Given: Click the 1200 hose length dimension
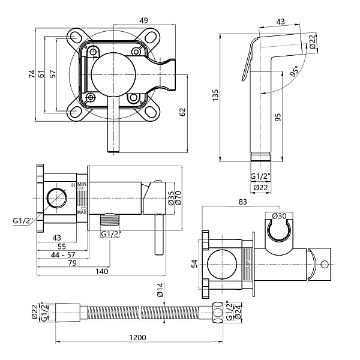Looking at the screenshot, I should pos(137,338).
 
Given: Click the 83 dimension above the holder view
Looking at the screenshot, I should pos(243,202).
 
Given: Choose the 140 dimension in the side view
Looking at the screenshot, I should pos(101,272).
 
